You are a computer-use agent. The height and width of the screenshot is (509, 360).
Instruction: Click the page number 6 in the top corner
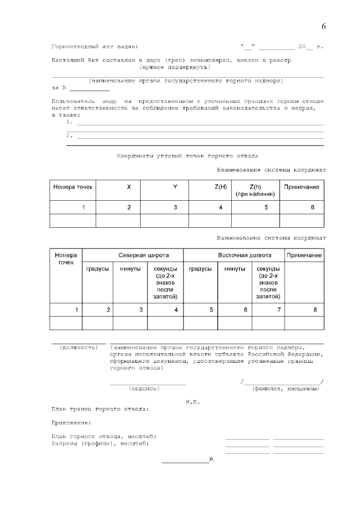tap(323, 26)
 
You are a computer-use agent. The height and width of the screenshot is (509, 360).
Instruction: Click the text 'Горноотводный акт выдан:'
tap(94, 47)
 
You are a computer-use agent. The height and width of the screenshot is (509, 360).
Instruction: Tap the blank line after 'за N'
tap(89, 88)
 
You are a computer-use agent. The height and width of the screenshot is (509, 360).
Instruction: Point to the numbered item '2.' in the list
tap(69, 135)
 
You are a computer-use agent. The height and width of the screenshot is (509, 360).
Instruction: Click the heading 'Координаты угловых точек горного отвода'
tap(187, 155)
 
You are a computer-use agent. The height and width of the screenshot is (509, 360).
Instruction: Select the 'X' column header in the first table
tap(129, 187)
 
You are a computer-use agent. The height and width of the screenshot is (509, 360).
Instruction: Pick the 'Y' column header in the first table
tap(175, 187)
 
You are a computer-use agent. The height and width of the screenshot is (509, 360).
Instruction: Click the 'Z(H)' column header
tap(220, 187)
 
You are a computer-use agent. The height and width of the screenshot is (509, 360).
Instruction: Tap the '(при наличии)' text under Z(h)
tap(255, 194)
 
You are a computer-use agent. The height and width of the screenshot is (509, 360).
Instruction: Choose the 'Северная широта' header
tap(143, 255)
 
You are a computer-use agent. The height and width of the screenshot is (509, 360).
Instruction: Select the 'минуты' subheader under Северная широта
tap(130, 269)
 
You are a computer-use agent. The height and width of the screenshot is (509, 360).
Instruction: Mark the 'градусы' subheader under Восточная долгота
tap(200, 269)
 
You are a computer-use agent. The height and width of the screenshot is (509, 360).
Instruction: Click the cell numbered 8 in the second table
tap(315, 309)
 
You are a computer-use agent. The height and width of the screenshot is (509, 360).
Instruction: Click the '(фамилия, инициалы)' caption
tap(286, 388)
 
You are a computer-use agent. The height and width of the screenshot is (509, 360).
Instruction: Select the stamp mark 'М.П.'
tap(192, 402)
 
